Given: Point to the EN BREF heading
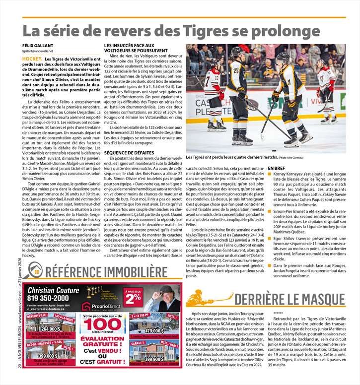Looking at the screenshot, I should click(x=276, y=169).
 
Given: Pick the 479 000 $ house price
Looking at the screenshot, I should click(x=154, y=330).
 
